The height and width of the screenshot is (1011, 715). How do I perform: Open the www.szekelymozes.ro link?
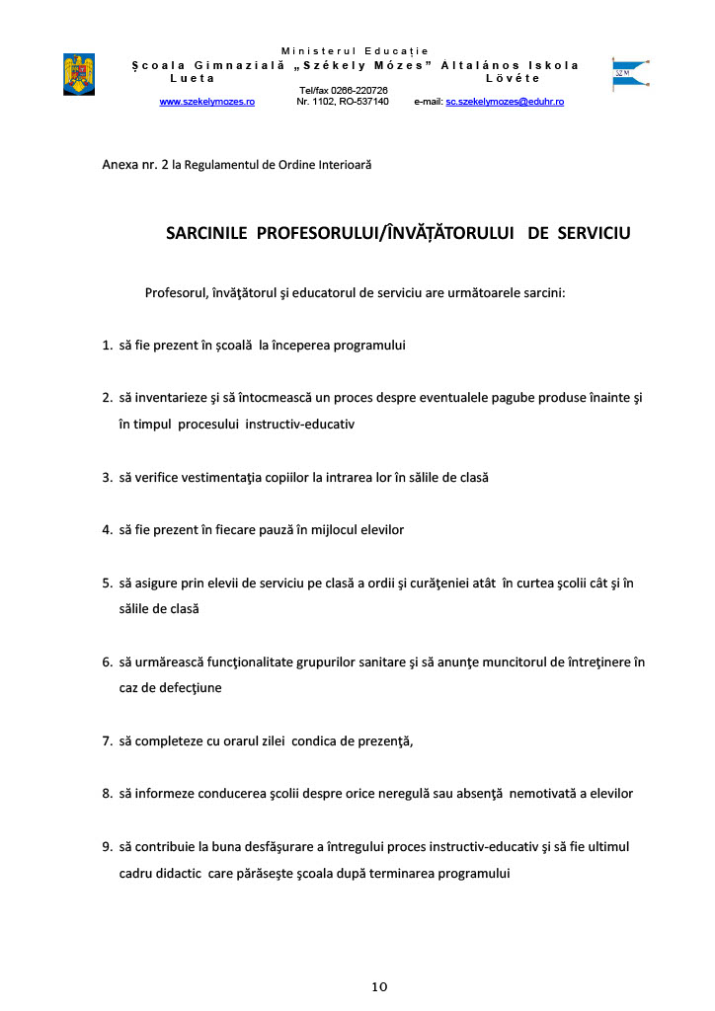click(x=207, y=102)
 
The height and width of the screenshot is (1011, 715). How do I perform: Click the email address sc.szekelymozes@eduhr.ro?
click(x=505, y=102)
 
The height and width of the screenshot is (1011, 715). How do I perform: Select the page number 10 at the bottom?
click(x=380, y=986)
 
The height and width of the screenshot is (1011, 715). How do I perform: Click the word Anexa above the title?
click(x=120, y=163)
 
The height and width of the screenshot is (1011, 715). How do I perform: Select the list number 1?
click(x=107, y=346)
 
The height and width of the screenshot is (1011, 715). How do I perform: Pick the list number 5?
click(x=107, y=583)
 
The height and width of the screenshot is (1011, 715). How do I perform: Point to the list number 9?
click(x=107, y=846)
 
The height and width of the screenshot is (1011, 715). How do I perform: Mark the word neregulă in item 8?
click(x=354, y=793)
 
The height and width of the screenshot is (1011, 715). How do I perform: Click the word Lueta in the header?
click(x=191, y=77)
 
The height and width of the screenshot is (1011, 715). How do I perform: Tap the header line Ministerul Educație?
click(x=356, y=50)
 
